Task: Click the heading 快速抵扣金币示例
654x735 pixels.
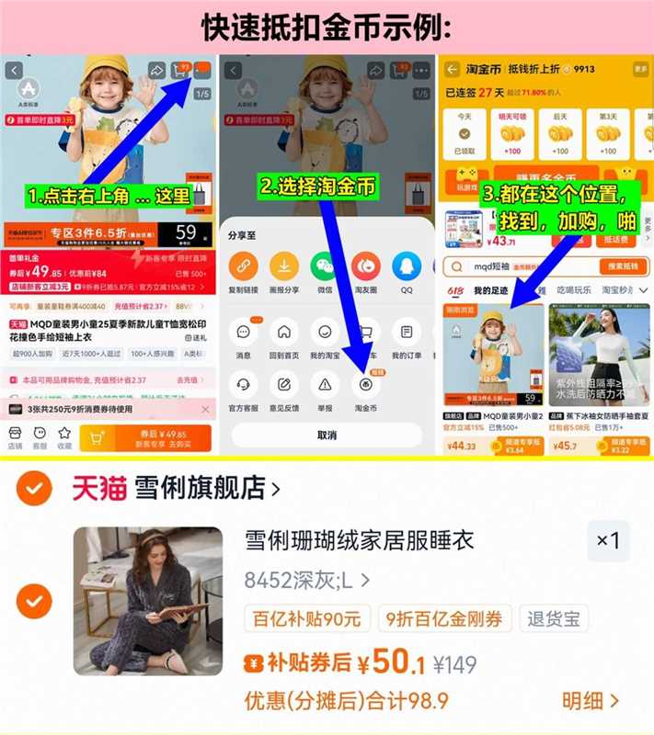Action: pos(327,28)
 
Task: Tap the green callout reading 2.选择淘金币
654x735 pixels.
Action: pos(317,187)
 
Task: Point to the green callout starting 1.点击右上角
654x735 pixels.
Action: pos(109,196)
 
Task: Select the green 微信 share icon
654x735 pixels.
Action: pos(325,267)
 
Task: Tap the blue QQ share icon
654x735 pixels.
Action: pos(406,267)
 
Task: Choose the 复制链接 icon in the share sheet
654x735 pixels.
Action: pos(244,267)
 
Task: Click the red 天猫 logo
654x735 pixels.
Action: pos(100,487)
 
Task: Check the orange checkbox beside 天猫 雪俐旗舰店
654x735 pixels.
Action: pos(34,487)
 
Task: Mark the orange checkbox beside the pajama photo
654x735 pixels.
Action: pos(34,602)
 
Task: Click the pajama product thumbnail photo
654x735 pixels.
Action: pos(148,602)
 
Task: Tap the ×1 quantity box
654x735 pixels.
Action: pos(608,540)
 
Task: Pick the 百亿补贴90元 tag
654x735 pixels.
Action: pos(307,618)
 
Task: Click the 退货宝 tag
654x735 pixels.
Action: pos(553,618)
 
